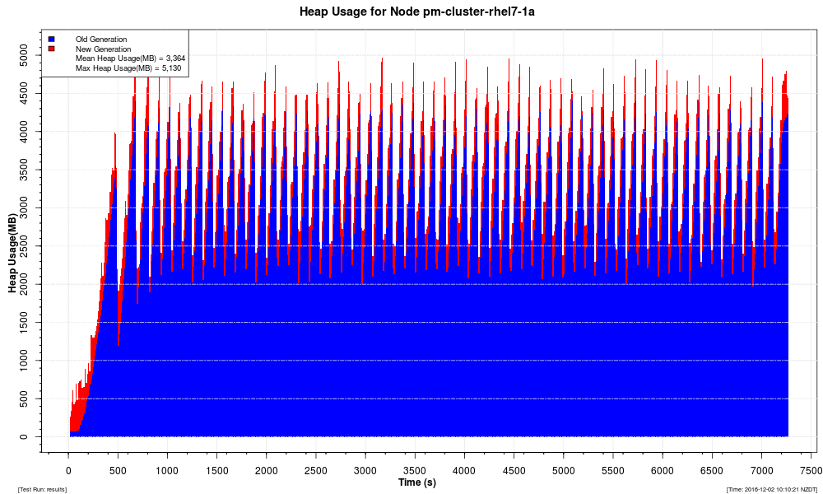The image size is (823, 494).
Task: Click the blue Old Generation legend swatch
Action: coord(51,39)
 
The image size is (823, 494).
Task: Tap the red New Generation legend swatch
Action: coord(51,49)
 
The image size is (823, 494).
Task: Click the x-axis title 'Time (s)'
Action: coord(417,482)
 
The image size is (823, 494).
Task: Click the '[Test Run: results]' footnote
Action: coord(42,490)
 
